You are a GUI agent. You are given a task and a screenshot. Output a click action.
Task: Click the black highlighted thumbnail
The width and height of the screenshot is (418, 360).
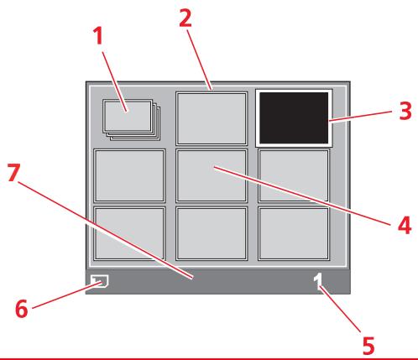point(295,118)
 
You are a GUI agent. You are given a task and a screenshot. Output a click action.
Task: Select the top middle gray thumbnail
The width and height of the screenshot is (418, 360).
point(212,118)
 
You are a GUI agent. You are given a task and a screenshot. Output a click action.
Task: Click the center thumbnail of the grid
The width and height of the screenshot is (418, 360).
point(212,175)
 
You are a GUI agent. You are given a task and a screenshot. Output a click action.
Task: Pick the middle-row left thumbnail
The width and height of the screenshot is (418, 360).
point(128,175)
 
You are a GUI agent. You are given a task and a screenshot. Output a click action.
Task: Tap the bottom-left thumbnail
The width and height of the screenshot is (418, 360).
point(128,232)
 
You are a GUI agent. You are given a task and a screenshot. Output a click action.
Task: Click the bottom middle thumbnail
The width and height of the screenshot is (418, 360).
point(212,232)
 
